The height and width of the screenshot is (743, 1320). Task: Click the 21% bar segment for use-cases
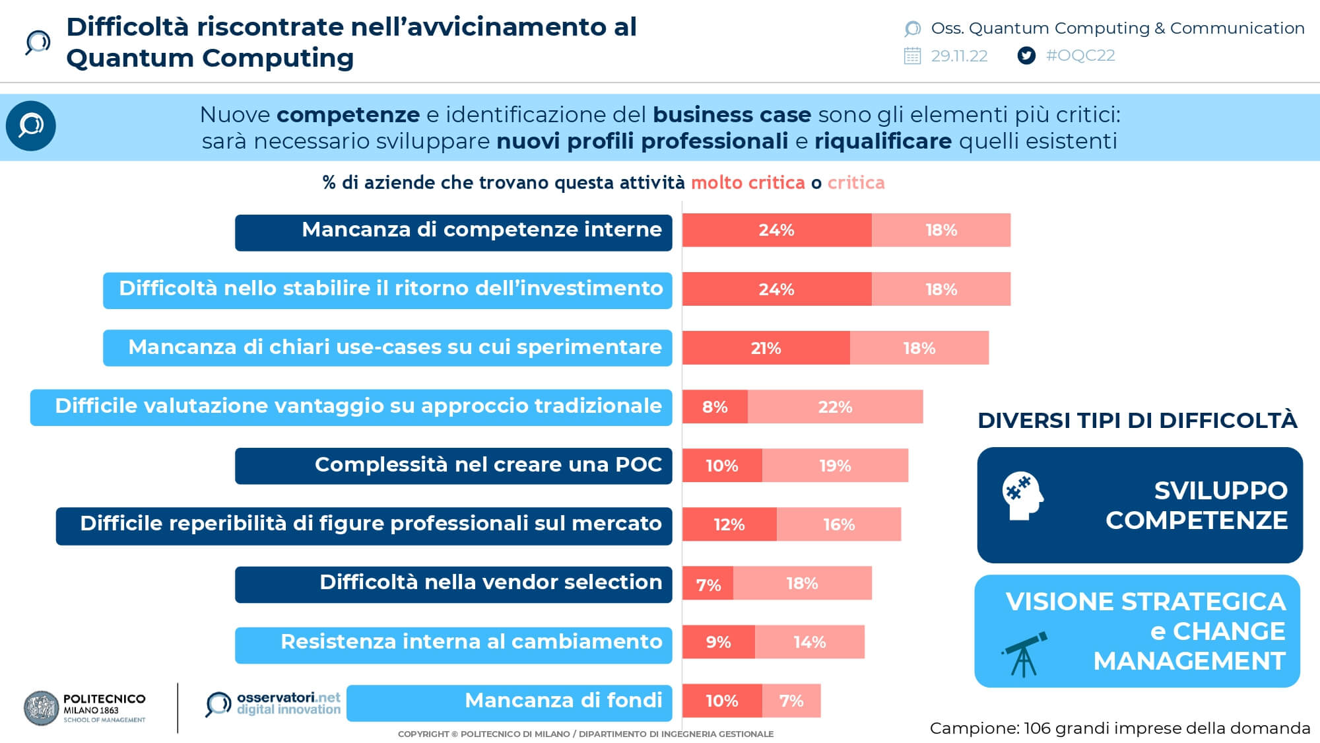tap(766, 348)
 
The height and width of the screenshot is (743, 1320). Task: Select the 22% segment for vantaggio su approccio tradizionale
tap(835, 407)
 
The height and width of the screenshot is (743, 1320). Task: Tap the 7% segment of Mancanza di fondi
tap(791, 701)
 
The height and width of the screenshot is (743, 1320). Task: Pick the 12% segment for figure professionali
tap(729, 524)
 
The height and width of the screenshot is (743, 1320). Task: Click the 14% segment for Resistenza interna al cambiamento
tap(810, 642)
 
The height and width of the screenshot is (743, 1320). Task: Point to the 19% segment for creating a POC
tap(835, 466)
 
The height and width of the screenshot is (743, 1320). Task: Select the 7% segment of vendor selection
tap(708, 584)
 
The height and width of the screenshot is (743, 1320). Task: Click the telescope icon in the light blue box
tap(1024, 655)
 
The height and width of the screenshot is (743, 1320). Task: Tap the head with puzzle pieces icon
tap(1022, 495)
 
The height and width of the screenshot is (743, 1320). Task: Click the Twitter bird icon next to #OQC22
tap(1026, 55)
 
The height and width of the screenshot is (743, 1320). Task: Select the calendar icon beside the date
tap(912, 55)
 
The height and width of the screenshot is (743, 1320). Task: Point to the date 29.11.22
tap(959, 56)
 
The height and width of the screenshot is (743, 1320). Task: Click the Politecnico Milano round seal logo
tap(41, 708)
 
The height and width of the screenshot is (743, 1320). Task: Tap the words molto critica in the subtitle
tap(748, 183)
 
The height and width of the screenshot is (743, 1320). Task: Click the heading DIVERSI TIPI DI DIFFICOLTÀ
tap(1137, 421)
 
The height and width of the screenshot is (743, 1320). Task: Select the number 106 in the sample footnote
tap(1037, 728)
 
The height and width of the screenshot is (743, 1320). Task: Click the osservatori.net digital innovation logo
tap(273, 704)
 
